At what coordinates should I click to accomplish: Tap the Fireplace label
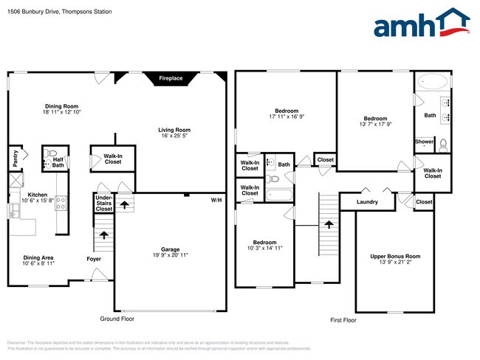click(171, 78)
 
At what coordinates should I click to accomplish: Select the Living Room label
click(174, 130)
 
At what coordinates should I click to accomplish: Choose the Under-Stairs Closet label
click(104, 203)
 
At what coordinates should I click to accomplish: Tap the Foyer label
click(93, 259)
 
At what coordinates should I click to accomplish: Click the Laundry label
click(367, 202)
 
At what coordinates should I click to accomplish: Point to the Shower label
click(424, 142)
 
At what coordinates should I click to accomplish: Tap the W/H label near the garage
click(216, 200)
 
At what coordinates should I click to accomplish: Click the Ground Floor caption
click(117, 319)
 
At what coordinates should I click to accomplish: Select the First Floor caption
click(343, 320)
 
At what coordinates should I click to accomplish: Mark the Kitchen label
click(18, 195)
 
